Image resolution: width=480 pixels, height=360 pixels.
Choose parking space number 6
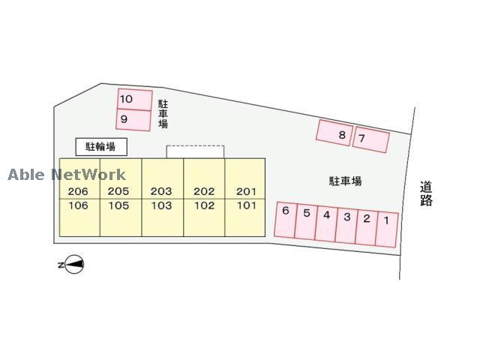[x=286, y=219]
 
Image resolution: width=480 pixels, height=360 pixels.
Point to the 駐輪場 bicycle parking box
[x=101, y=146]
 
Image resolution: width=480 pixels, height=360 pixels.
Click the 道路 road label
[x=426, y=193]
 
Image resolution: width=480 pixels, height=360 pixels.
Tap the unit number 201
[x=246, y=191]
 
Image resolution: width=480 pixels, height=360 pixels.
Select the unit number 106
[x=78, y=205]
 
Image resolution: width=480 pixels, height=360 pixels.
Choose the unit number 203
[x=161, y=191]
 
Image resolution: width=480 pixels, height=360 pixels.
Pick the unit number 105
[x=118, y=205]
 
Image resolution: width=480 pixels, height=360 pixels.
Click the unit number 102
[x=204, y=205]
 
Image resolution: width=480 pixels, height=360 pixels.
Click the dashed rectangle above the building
[x=195, y=151]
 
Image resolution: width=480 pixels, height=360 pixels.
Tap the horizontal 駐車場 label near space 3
[x=346, y=181]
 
